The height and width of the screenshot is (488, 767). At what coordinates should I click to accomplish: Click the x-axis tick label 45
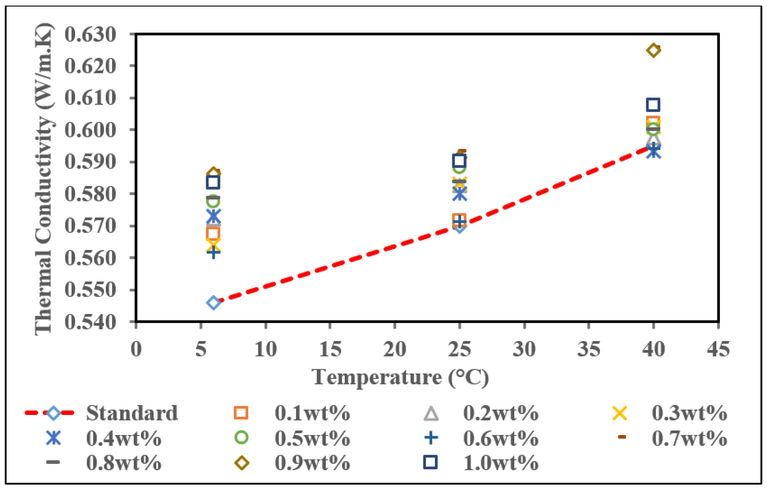pos(718,349)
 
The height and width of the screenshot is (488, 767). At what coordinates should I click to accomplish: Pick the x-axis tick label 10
pos(266,349)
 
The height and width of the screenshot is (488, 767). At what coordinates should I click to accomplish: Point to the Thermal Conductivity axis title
pos(44,178)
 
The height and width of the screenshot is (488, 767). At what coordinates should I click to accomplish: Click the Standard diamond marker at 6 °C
pos(213,302)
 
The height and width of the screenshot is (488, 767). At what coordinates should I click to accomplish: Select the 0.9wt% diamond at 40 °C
pos(653,50)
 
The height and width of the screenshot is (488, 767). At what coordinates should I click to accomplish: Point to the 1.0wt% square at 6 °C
pos(213,182)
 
